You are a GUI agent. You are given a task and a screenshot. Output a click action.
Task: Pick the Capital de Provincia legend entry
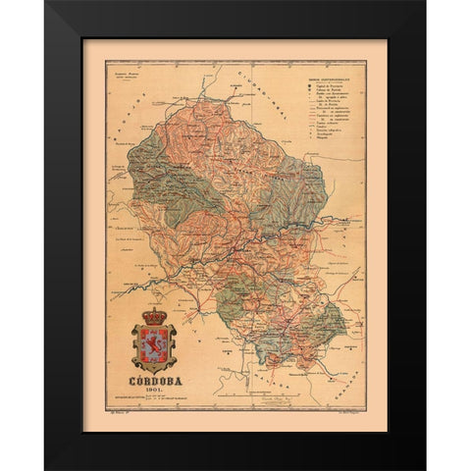(323, 85)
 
